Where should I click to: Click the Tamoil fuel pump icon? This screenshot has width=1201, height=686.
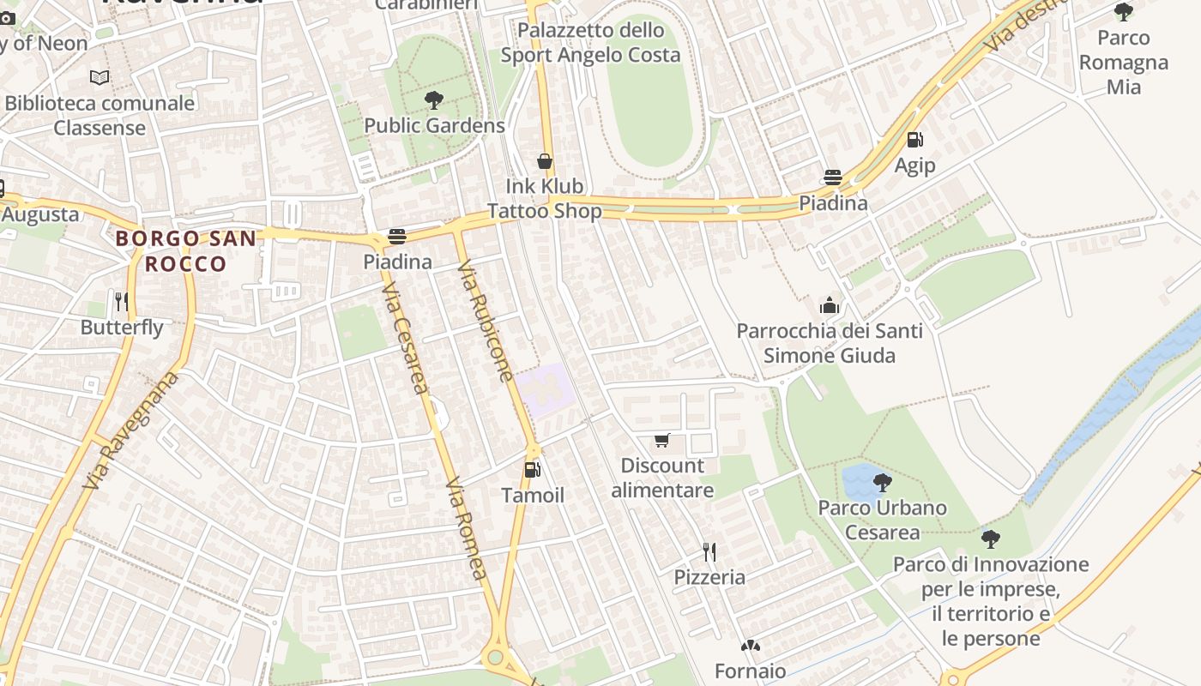[533, 470]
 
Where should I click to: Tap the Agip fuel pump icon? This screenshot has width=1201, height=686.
[915, 140]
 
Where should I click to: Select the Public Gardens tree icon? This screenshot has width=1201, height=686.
[434, 100]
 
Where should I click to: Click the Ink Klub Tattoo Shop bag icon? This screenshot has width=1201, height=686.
[544, 161]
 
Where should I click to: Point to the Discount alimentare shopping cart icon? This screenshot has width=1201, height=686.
[662, 441]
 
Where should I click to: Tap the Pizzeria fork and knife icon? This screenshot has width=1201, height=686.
[709, 551]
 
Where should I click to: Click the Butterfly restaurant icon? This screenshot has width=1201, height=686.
[122, 302]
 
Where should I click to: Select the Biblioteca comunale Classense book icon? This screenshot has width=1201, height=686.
[100, 78]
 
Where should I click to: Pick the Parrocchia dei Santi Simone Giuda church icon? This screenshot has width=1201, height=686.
[829, 305]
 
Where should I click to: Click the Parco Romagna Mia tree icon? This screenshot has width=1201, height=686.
[1123, 12]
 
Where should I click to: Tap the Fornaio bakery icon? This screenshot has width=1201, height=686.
[751, 646]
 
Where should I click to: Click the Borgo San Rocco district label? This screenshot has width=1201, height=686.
[185, 250]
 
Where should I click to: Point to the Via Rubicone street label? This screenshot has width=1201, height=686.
[485, 322]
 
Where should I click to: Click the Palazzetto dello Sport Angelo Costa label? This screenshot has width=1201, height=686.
[590, 43]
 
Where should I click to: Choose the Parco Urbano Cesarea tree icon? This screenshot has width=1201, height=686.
[882, 482]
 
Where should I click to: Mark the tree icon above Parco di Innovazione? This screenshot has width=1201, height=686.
[991, 539]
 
